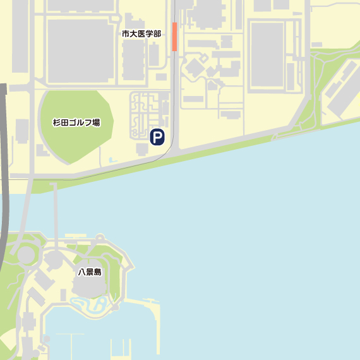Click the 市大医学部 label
141,33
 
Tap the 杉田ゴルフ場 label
76,123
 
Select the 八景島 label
90,272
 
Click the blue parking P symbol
157,137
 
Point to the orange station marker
174,37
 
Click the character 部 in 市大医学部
157,33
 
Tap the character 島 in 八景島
98,272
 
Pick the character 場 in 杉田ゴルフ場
96,123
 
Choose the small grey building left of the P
141,148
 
